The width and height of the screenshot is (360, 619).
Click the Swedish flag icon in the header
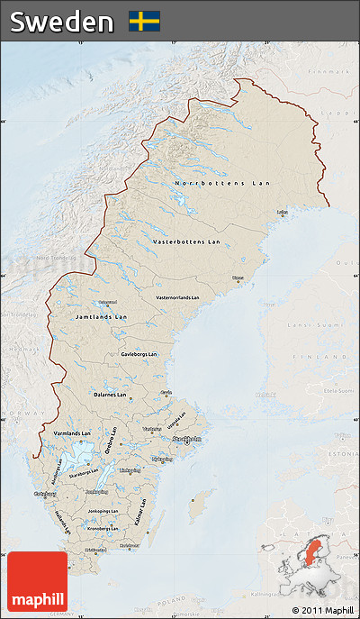point(144,21)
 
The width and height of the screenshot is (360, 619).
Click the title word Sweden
point(62,21)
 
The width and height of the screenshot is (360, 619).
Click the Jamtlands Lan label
point(100,318)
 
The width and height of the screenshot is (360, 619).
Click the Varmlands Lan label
point(73,433)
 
